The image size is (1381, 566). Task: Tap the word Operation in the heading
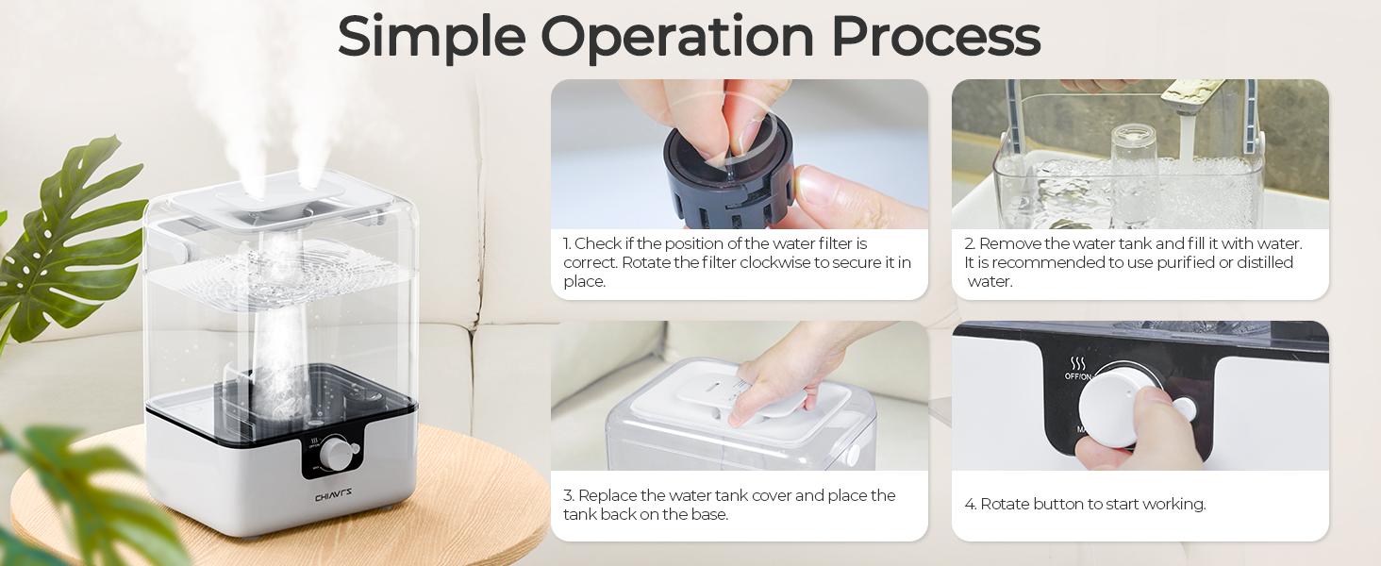pos(676,38)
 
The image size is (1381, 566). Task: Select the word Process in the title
pos(935,38)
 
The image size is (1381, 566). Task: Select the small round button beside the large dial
pos(1185,408)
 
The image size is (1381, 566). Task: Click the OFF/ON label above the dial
pos(1078,376)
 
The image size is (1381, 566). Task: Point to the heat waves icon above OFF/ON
pos(1077,363)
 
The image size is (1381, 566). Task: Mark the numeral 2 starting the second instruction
pos(969,243)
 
